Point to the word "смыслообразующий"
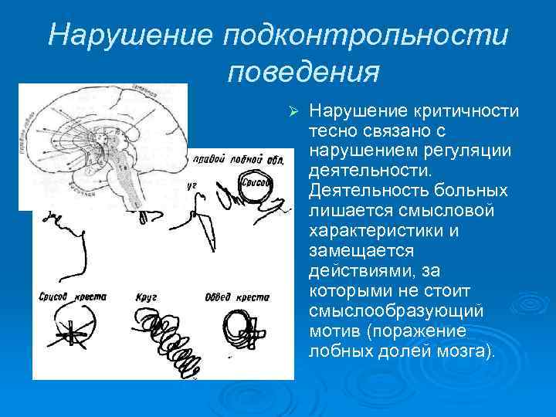coord(396,311)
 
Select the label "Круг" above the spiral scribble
coord(146,297)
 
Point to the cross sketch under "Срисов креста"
coord(71,334)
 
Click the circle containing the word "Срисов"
coord(255,184)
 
